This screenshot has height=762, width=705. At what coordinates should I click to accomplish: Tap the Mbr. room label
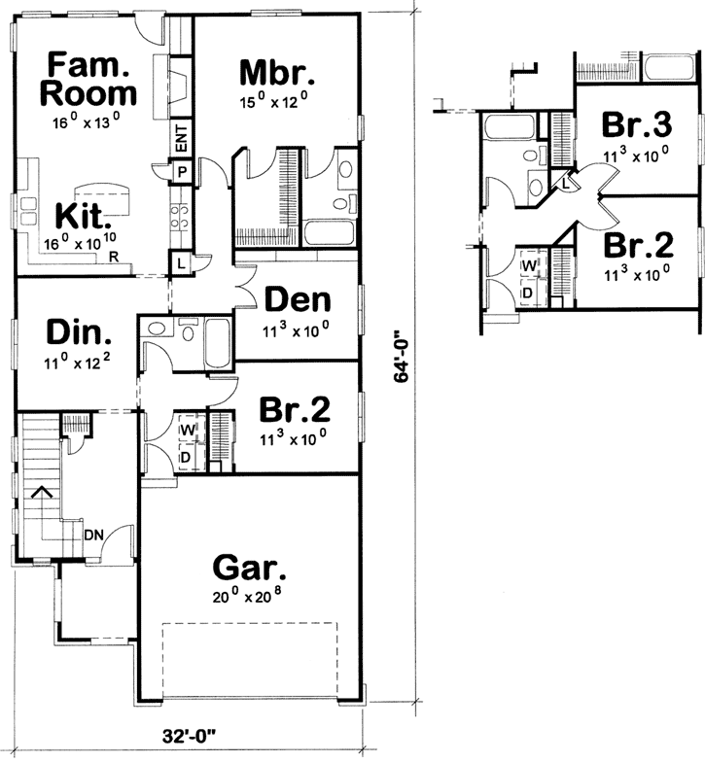(275, 72)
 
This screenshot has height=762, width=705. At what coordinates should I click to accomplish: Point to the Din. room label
(78, 332)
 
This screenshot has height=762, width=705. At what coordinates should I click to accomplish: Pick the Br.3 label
(636, 124)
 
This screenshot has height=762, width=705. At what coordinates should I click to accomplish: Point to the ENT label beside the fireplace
(181, 140)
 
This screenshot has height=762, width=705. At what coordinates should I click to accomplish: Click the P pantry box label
(181, 171)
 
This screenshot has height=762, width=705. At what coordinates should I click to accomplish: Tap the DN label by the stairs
(95, 534)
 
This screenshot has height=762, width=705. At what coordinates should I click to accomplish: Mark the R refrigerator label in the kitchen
(115, 258)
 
